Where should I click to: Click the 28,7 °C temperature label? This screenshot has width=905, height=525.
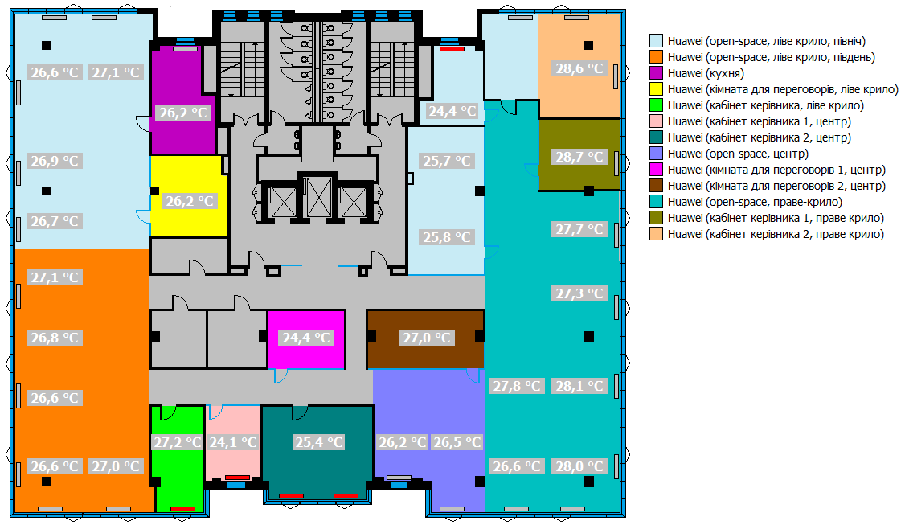pyautogui.click(x=579, y=157)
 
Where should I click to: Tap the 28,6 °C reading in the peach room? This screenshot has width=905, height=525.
pyautogui.click(x=579, y=68)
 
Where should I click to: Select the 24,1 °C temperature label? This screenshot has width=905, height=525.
pyautogui.click(x=232, y=442)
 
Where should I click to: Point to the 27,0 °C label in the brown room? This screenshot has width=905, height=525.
pyautogui.click(x=427, y=338)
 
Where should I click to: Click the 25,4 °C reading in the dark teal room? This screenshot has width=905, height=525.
pyautogui.click(x=319, y=442)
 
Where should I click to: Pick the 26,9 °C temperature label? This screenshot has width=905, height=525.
pyautogui.click(x=55, y=161)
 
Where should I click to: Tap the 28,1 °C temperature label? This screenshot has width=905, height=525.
pyautogui.click(x=579, y=386)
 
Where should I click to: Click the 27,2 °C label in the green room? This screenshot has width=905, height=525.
pyautogui.click(x=177, y=442)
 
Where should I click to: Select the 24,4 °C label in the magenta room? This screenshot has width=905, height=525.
pyautogui.click(x=306, y=338)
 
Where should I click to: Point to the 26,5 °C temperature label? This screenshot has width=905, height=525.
pyautogui.click(x=457, y=442)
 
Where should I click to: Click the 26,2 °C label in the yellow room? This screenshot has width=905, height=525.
pyautogui.click(x=190, y=201)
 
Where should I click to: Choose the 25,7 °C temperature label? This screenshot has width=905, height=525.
pyautogui.click(x=447, y=161)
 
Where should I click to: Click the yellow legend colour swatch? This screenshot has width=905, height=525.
pyautogui.click(x=656, y=89)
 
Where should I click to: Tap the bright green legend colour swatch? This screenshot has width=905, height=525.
pyautogui.click(x=656, y=105)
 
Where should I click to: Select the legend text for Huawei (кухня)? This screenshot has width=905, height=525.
pyautogui.click(x=706, y=73)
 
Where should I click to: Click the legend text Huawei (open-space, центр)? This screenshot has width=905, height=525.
pyautogui.click(x=738, y=154)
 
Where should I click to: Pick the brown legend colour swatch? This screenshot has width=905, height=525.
pyautogui.click(x=656, y=186)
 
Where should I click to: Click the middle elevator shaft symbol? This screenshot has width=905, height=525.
pyautogui.click(x=318, y=197)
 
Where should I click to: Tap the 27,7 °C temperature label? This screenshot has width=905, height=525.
pyautogui.click(x=579, y=229)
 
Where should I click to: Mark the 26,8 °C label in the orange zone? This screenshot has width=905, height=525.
pyautogui.click(x=55, y=338)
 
